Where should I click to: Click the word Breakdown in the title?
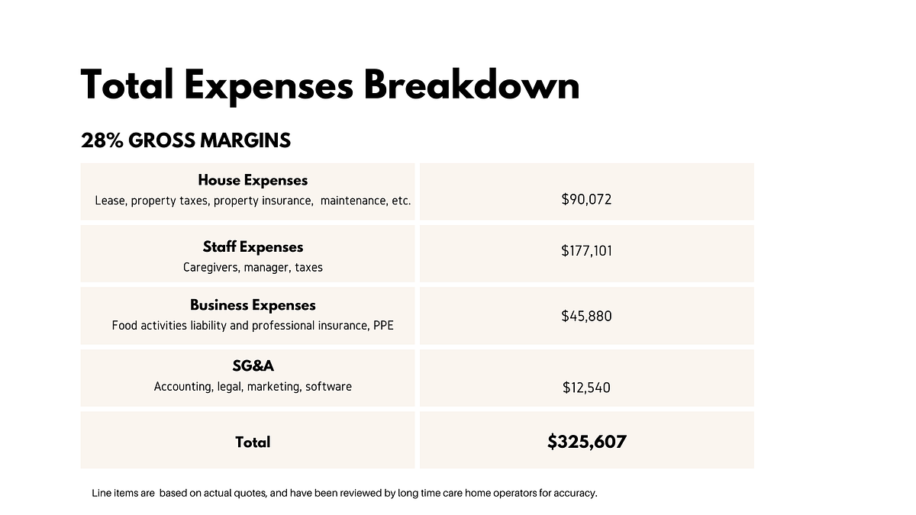(472, 85)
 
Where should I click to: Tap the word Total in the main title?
(127, 85)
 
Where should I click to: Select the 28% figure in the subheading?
(102, 140)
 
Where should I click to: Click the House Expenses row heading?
(253, 180)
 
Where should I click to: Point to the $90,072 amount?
(586, 199)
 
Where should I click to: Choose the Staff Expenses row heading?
(253, 247)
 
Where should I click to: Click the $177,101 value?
(586, 250)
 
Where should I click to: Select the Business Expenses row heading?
(253, 305)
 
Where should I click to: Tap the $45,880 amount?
(586, 316)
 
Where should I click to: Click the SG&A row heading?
(253, 365)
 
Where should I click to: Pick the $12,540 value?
(586, 388)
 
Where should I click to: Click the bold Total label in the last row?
(253, 443)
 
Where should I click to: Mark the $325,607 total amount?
(587, 442)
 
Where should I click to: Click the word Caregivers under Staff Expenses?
(211, 267)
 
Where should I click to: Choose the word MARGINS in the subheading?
(245, 140)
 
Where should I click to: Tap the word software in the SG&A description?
(328, 387)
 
